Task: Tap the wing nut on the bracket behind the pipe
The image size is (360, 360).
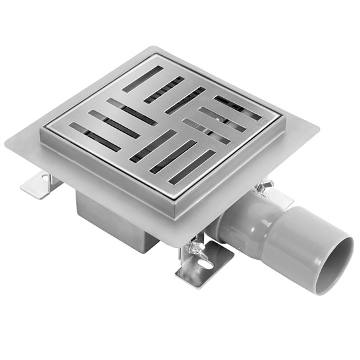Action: click(x=263, y=186)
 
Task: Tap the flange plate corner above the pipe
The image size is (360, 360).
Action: click(x=316, y=126)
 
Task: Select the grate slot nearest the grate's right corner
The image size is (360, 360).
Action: click(x=237, y=107)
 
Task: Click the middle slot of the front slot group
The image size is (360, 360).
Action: click(x=173, y=156)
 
